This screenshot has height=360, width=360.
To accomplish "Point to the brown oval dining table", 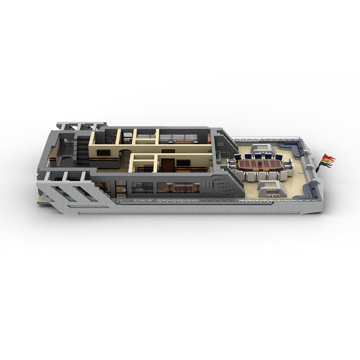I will (x=260, y=164).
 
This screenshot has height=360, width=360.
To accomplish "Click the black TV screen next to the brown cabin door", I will (x=181, y=162).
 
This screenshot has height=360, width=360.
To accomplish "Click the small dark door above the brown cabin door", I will (x=168, y=151).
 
